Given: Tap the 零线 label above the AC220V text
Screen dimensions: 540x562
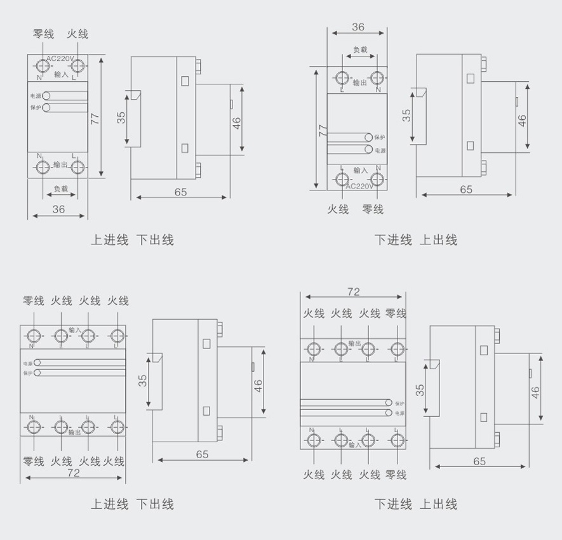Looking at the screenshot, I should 44,33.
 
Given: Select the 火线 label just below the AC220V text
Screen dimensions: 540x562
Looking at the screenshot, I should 338,209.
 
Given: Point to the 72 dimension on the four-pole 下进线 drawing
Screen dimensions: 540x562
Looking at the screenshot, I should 354,292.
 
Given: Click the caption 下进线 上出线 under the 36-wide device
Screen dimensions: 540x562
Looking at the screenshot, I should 415,240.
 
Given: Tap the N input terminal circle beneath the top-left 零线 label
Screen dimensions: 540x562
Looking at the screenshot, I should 43,65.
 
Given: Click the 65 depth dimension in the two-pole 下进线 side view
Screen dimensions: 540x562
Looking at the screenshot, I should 466,189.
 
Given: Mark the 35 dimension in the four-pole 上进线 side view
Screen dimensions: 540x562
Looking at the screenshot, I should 143,380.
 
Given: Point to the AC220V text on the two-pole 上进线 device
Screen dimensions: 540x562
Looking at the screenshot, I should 61,59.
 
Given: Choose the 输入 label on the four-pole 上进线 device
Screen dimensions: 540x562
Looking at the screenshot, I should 75,330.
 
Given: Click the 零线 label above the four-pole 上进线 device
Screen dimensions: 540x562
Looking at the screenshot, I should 33,300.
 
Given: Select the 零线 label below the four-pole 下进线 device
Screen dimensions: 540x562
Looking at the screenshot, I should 396,475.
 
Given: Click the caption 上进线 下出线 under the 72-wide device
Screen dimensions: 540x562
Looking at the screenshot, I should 131,504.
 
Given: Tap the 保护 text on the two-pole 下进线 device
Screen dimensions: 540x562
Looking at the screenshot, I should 380,137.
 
